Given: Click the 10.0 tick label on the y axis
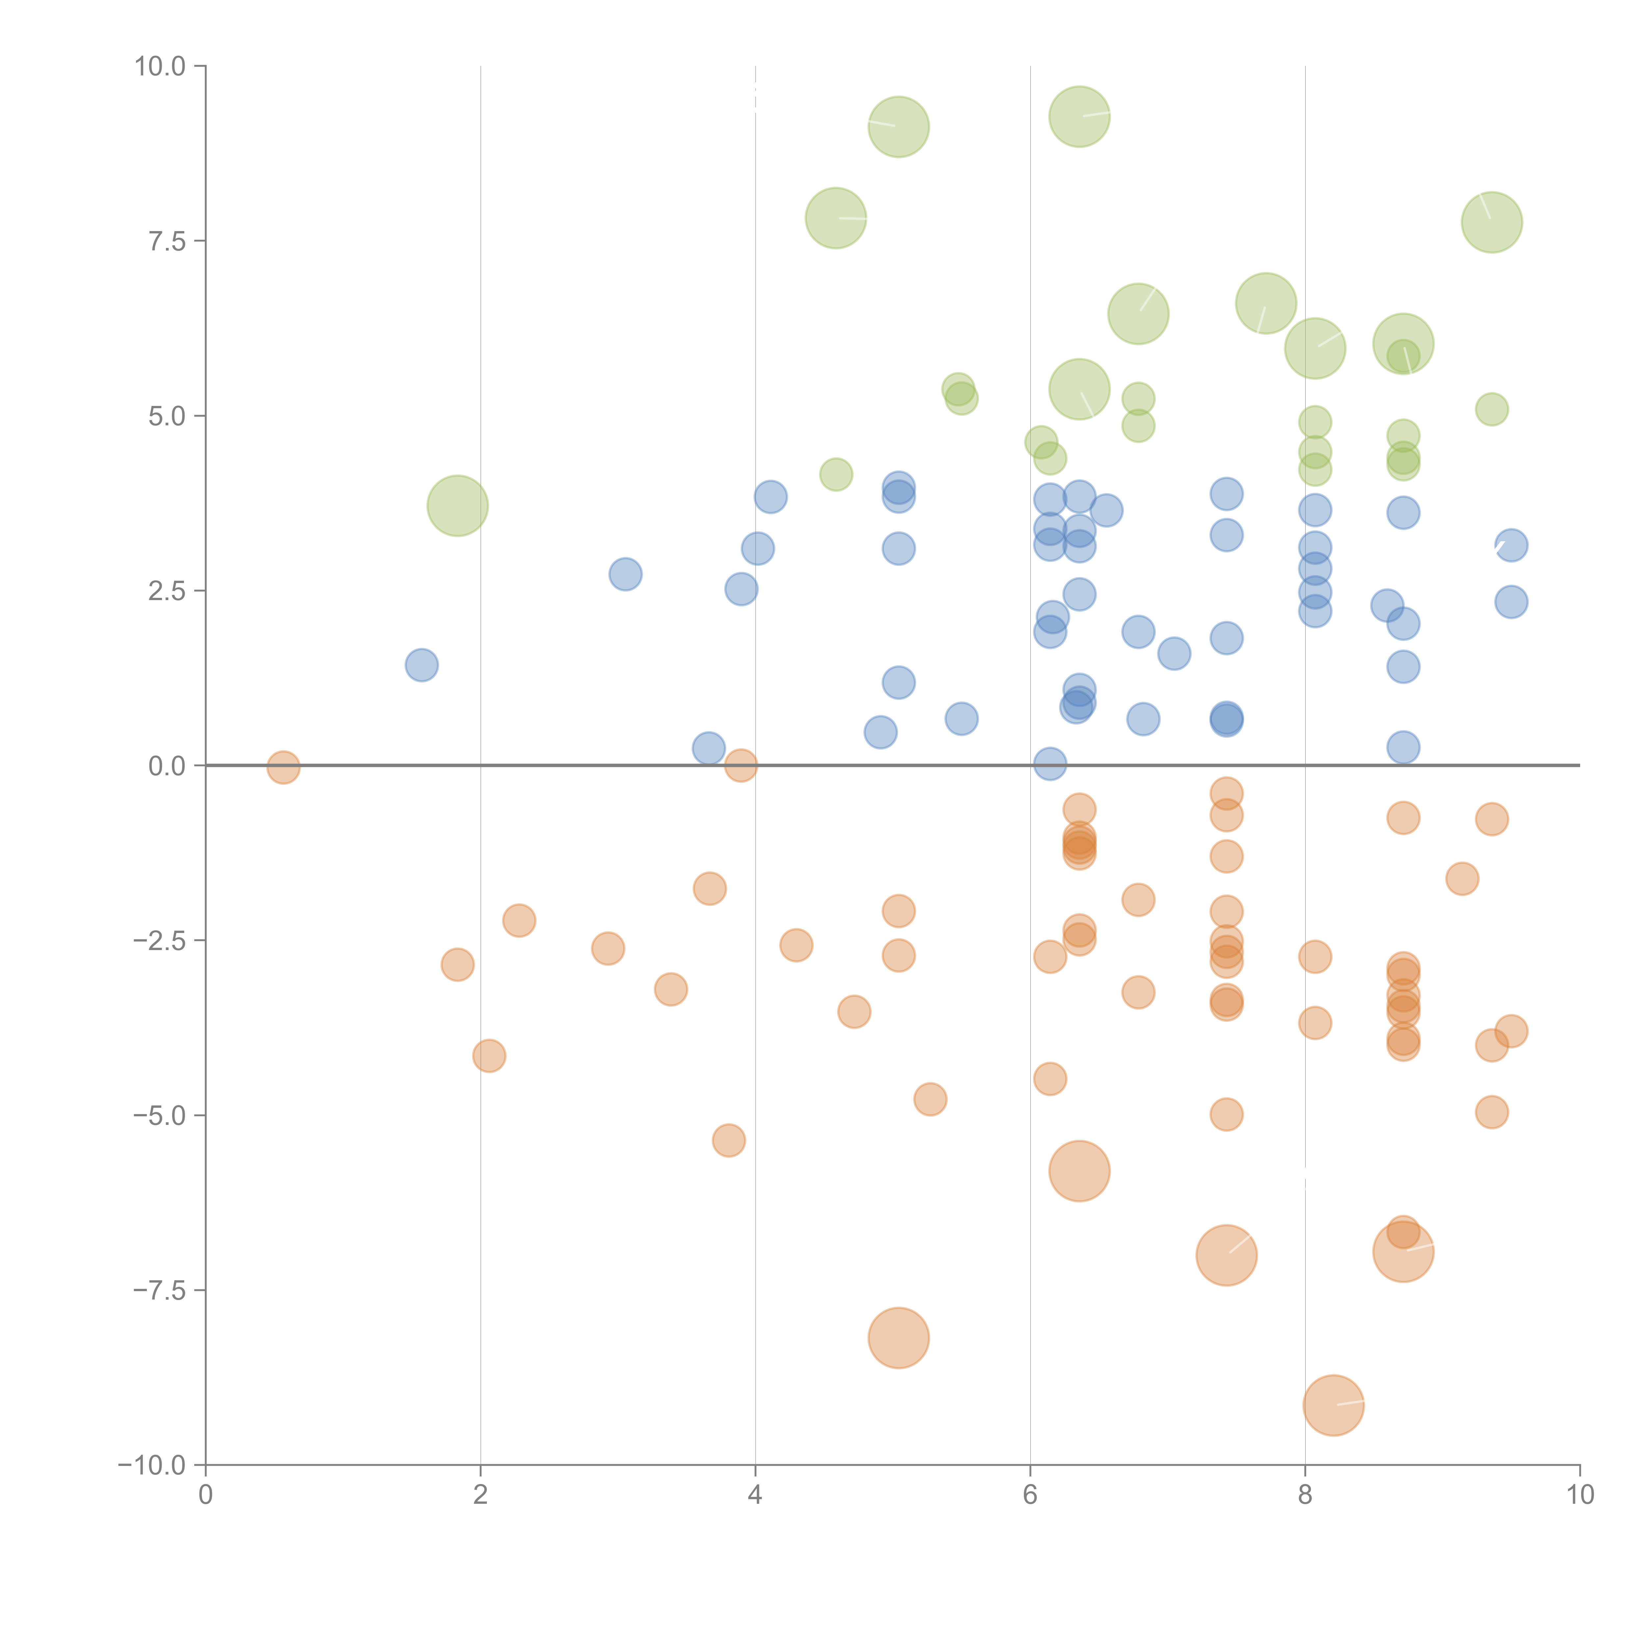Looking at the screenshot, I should [160, 66].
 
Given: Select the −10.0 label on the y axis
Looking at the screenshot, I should [152, 1465].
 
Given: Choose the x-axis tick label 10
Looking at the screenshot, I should [1580, 1495].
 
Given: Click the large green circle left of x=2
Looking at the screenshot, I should [458, 506].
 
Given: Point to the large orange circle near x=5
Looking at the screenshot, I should [899, 1338].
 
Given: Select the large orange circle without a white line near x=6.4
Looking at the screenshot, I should [1079, 1171].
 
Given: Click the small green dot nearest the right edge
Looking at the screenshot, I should [1492, 409].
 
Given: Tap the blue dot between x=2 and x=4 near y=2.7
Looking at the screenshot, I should [625, 574].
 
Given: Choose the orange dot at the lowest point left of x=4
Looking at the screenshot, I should [729, 1140].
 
